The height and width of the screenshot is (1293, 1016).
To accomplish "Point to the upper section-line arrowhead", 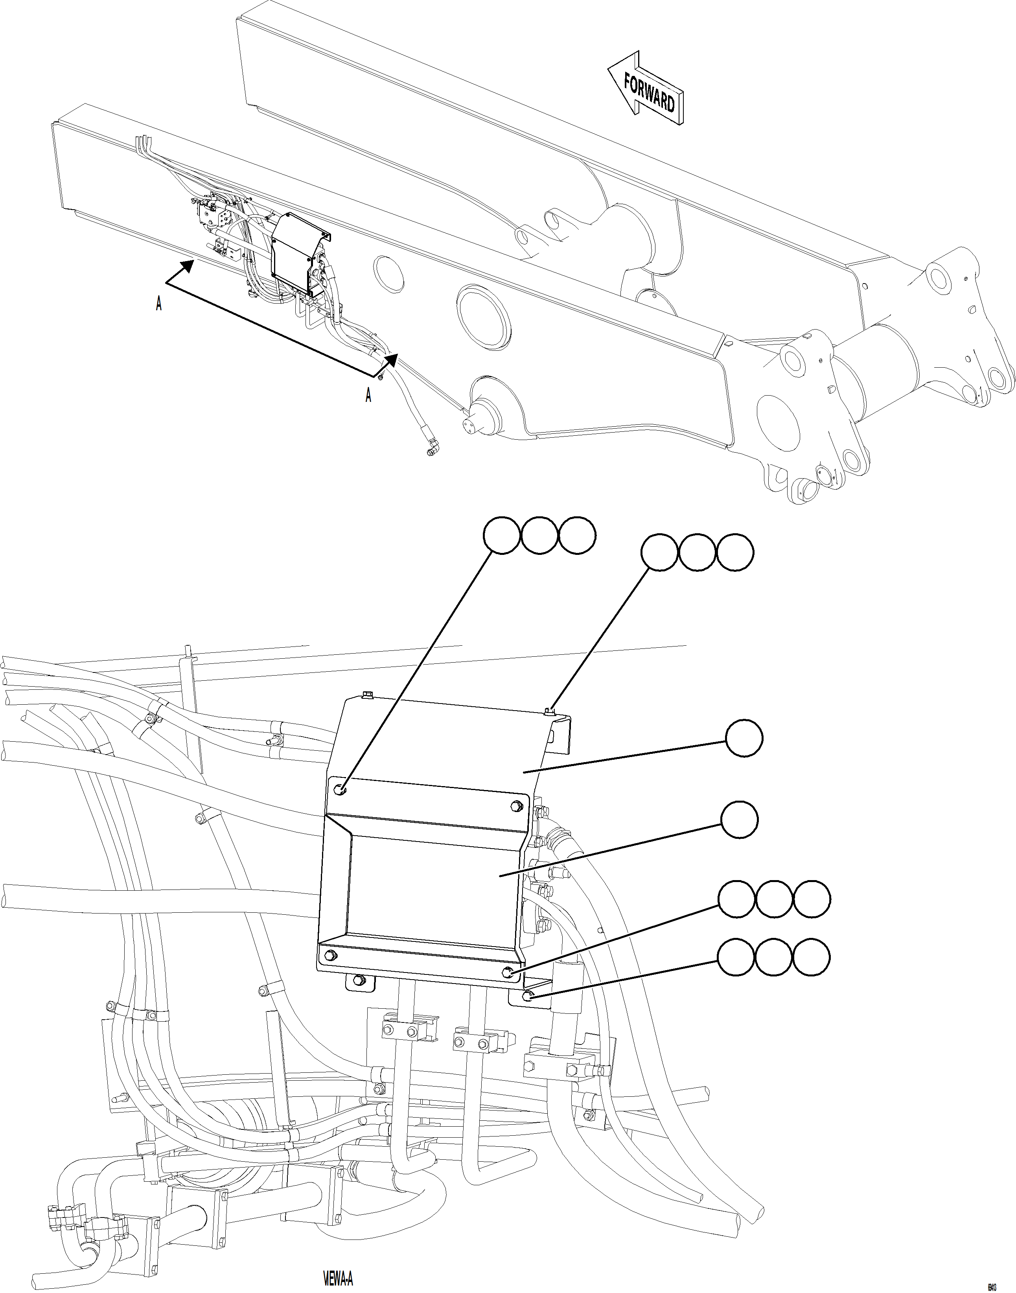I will [187, 266].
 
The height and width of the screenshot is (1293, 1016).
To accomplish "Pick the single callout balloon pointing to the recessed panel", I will [740, 820].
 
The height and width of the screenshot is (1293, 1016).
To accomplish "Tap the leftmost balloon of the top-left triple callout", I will [501, 536].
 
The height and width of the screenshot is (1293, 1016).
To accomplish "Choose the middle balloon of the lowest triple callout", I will [773, 958].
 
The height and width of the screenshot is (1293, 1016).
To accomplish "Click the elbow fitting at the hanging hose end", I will [432, 443].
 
